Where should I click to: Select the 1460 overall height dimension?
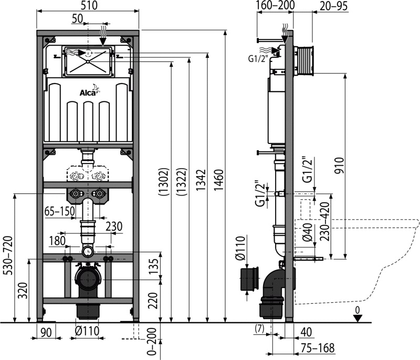(219, 180)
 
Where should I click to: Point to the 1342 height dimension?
(201, 180)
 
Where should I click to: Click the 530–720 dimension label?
(8, 255)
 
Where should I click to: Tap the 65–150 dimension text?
(59, 211)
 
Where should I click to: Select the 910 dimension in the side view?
(339, 166)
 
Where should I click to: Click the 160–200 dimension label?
(275, 5)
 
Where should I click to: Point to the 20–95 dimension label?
(334, 6)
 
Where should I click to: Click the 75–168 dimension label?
(318, 348)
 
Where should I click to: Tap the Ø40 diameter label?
(308, 232)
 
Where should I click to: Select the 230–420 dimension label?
(325, 221)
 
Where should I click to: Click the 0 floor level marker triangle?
(358, 318)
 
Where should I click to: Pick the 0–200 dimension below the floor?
(152, 342)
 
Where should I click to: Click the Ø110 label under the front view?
(87, 331)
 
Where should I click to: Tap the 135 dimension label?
(154, 266)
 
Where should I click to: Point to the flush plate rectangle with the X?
(88, 62)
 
